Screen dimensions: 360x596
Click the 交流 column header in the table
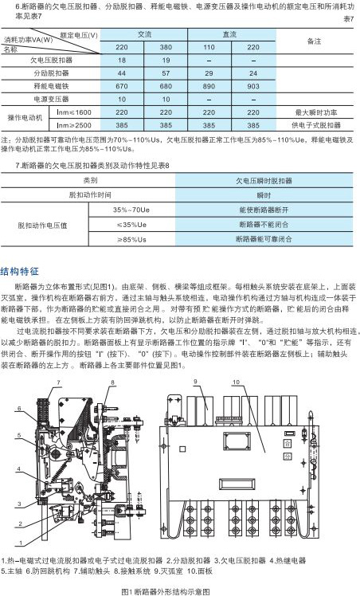click(145, 35)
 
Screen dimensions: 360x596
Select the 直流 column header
click(230, 35)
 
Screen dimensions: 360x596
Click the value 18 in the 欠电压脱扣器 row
click(123, 60)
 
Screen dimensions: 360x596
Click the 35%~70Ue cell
click(131, 209)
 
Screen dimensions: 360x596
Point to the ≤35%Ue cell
click(131, 223)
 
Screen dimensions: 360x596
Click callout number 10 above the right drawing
click(237, 383)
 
